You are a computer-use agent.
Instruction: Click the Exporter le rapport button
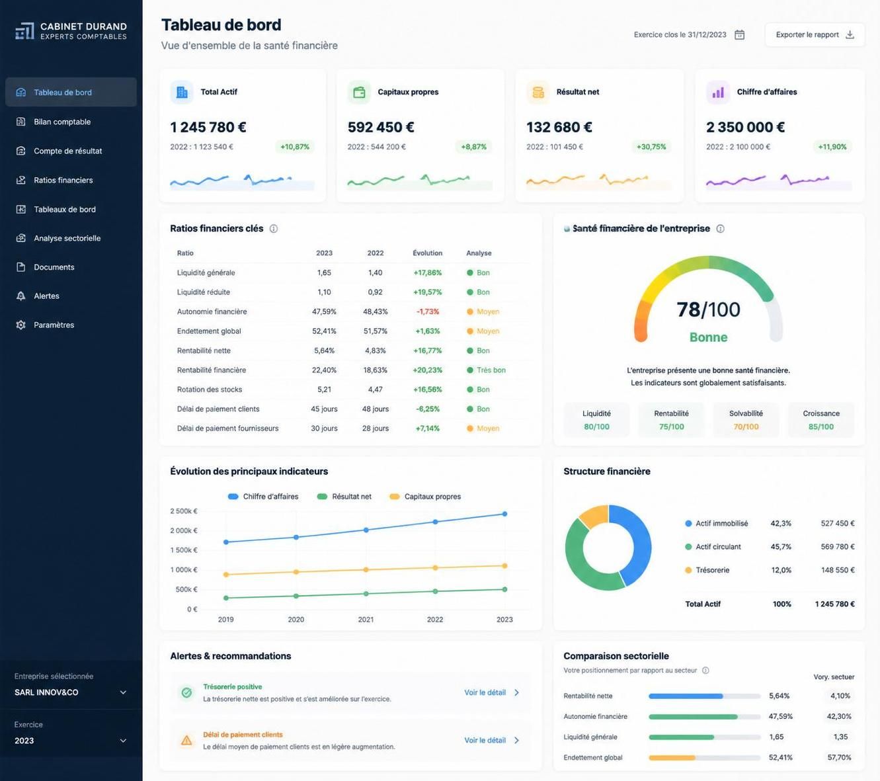(x=815, y=35)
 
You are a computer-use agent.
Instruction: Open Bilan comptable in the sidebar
(x=62, y=122)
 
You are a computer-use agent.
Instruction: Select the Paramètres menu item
(x=54, y=325)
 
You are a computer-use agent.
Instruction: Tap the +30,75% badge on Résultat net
(x=651, y=147)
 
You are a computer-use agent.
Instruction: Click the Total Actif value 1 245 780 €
(x=208, y=127)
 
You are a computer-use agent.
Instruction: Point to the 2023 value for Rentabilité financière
(x=324, y=370)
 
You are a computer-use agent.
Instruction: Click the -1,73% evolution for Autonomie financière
(x=427, y=311)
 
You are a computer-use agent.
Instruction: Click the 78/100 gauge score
(x=708, y=309)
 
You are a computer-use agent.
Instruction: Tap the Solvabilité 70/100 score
(x=746, y=427)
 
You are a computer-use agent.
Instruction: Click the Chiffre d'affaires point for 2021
(x=366, y=530)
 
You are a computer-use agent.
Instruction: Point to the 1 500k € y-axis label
(x=184, y=550)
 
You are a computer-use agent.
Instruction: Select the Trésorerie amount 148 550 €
(x=838, y=570)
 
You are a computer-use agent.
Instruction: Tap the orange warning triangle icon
(x=186, y=740)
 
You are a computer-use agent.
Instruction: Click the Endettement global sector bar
(x=704, y=758)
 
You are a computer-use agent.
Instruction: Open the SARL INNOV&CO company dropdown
(x=70, y=692)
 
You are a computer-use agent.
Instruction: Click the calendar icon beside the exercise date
(x=739, y=35)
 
